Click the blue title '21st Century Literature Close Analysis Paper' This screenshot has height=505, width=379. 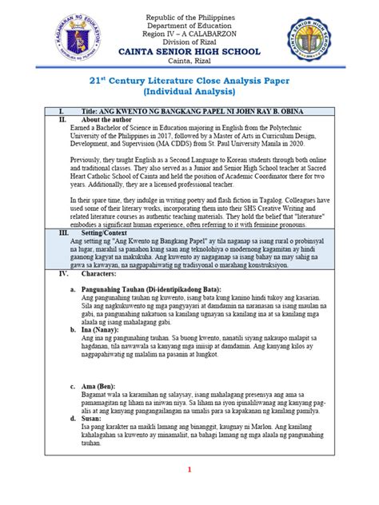[189, 82]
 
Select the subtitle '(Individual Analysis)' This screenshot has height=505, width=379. [189, 95]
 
